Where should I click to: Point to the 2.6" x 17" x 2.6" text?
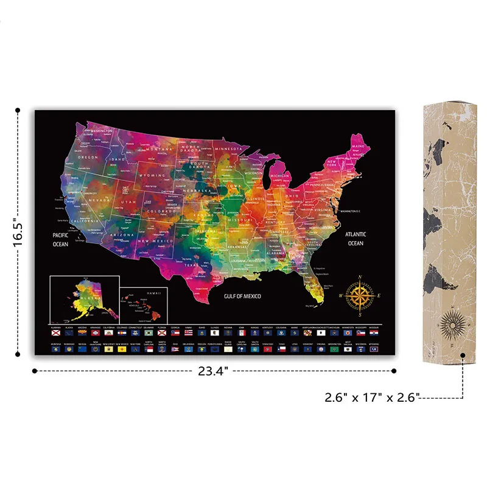click(x=371, y=398)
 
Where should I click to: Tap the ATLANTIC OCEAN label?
click(x=355, y=239)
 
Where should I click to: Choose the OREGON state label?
click(x=87, y=157)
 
